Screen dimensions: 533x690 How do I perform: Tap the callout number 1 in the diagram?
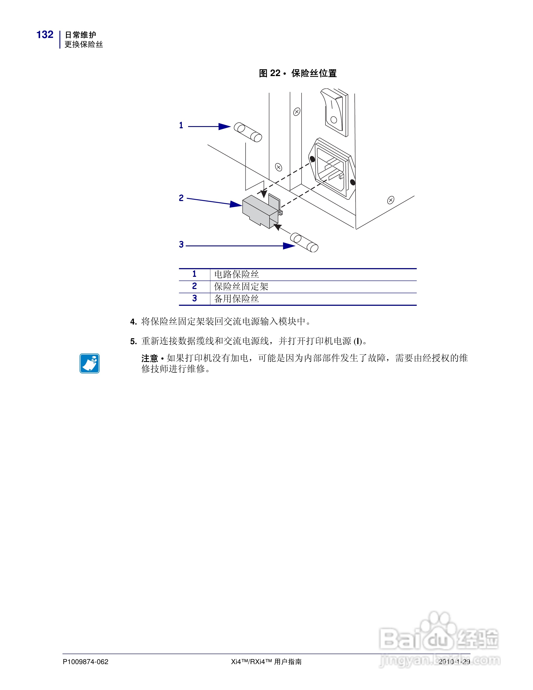181,125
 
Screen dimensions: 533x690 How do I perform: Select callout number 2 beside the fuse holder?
181,198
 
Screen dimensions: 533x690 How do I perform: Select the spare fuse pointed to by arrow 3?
304,242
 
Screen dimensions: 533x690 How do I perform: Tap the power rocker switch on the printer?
334,112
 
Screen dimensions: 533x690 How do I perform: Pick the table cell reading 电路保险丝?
236,274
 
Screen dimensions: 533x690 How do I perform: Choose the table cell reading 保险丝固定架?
241,287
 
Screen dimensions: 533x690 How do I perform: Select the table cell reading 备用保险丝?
236,299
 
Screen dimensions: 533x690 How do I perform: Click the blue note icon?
90,363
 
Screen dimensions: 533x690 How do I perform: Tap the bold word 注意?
149,358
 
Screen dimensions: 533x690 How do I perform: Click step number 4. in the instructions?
133,322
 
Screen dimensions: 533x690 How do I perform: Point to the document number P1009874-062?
86,661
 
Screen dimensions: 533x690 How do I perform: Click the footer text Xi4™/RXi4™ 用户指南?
266,661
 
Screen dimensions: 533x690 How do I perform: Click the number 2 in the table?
194,286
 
